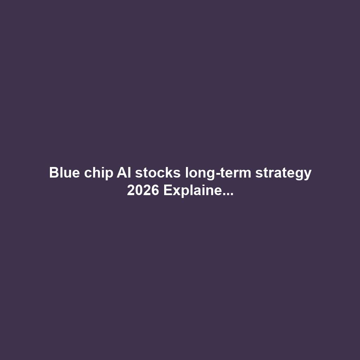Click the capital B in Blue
(53, 173)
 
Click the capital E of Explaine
(167, 191)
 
